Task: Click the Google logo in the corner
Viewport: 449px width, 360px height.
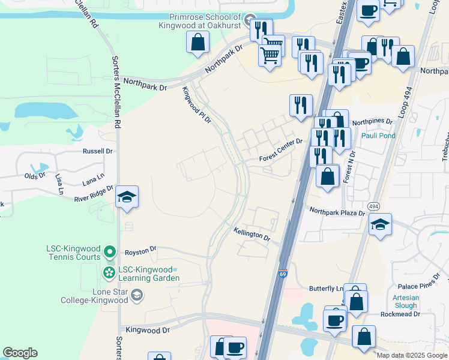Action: click(20, 353)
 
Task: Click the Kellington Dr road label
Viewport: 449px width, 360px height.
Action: click(252, 235)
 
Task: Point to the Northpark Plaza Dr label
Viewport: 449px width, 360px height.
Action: click(337, 212)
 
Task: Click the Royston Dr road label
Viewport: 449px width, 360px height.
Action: click(140, 248)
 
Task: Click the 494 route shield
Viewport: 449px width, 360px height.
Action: click(373, 206)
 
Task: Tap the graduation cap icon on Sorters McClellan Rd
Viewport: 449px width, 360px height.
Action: click(127, 197)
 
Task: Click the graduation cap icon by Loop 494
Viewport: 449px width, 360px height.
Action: click(381, 225)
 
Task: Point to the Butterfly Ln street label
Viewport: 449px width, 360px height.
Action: click(326, 289)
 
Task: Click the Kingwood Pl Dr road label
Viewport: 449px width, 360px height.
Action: click(197, 105)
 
